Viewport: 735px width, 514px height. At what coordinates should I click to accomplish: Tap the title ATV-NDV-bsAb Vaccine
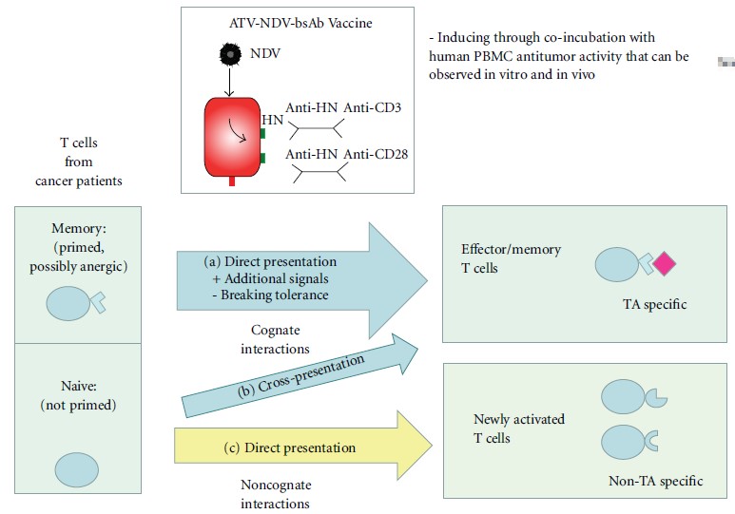tap(296, 21)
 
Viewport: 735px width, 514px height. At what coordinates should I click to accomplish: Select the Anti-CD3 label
tap(374, 107)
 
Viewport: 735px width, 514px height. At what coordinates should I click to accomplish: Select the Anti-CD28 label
tap(377, 152)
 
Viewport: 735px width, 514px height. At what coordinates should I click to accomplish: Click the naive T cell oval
tap(77, 469)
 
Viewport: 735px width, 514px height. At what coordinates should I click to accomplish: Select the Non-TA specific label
tap(655, 481)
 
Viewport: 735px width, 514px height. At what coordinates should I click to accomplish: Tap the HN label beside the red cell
tap(273, 119)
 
